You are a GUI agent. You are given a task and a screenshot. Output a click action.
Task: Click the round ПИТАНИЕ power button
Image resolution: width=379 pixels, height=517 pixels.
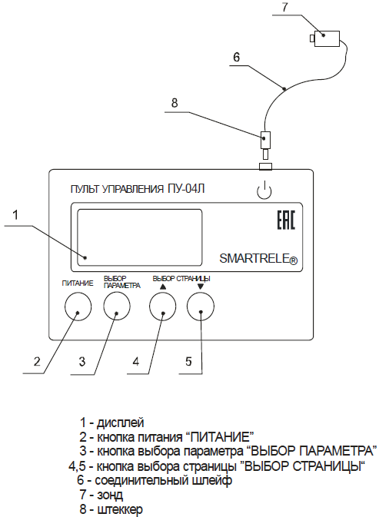78,307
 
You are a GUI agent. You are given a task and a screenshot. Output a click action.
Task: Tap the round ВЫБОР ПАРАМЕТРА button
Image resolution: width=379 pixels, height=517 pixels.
117,307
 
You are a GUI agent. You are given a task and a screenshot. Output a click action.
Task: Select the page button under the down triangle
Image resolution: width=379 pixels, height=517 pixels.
201,307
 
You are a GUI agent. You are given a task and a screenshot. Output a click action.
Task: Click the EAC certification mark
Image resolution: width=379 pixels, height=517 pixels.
286,220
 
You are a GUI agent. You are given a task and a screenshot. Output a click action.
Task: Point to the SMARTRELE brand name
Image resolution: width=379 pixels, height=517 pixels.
258,258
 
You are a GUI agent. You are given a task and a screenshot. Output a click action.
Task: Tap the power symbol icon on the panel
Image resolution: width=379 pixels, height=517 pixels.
264,191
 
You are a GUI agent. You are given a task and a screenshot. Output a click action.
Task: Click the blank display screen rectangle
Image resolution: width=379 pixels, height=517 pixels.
139,237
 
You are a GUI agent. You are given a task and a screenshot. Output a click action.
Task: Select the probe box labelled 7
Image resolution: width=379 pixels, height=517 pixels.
325,38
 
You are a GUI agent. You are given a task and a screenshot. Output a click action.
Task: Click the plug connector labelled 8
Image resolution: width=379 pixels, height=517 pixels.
265,144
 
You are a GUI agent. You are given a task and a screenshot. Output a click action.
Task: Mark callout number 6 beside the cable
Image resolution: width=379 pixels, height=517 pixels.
237,58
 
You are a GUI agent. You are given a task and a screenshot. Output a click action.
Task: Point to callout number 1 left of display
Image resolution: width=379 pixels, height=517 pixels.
15,215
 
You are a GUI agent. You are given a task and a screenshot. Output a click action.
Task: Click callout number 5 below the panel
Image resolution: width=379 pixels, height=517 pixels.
188,361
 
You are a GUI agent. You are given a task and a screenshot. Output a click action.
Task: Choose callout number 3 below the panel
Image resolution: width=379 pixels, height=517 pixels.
82,361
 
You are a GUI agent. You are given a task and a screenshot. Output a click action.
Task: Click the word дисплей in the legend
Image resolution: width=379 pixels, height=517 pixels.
121,423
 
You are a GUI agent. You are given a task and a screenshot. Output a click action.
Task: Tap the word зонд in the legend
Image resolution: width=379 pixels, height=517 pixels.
110,495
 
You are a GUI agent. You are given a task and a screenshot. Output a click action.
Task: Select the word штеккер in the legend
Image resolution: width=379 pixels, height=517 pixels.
120,509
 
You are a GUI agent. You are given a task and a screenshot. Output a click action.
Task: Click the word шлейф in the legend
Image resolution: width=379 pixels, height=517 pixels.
212,480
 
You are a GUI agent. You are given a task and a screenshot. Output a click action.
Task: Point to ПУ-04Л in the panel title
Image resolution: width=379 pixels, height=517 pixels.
186,189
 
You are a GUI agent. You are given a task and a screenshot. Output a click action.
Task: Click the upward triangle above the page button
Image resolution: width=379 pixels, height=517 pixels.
163,287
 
